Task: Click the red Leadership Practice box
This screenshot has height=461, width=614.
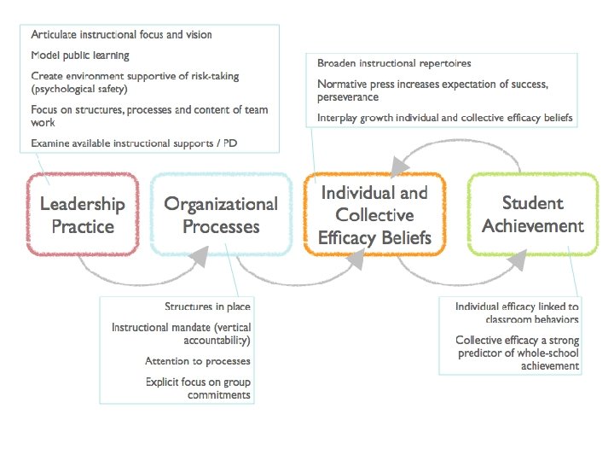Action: coord(82,214)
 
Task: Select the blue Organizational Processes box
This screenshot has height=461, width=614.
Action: coord(221,214)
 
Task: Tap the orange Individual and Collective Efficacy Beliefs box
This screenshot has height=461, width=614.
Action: coord(374,214)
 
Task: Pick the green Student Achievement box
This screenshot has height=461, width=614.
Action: coord(532,214)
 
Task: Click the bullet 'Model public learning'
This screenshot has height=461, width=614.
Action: coord(80,55)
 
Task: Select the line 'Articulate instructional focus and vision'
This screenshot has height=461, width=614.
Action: coord(121,35)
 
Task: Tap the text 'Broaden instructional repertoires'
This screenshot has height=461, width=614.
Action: coord(394,64)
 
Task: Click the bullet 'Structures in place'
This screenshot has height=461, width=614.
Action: coord(207,306)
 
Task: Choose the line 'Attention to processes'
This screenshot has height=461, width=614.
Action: coord(198,361)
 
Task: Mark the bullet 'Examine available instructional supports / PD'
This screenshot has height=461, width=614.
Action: coord(134,143)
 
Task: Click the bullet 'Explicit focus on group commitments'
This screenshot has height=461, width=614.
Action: coord(198,388)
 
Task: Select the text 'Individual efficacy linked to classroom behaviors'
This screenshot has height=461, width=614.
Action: coord(517,312)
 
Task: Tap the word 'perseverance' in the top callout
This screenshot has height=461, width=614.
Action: coord(348,97)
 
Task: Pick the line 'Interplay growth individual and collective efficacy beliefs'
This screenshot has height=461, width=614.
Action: coord(444,118)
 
